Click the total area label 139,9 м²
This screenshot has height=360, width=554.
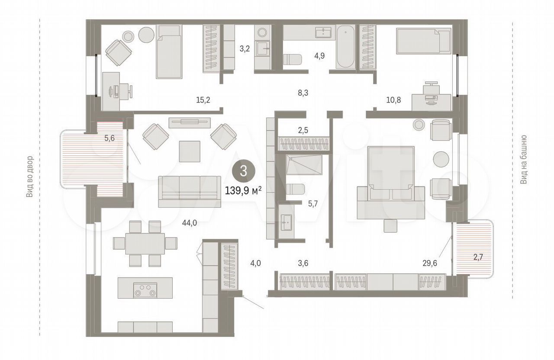(x=243, y=191)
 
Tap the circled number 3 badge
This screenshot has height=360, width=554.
(x=244, y=171)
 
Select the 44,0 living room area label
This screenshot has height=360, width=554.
(x=190, y=223)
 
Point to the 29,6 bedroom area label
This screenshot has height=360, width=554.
(x=430, y=264)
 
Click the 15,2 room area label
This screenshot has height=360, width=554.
(x=203, y=100)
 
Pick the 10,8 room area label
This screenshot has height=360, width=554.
(x=393, y=100)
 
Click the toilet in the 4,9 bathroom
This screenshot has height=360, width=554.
(x=292, y=60)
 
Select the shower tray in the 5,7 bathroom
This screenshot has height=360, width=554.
(x=304, y=165)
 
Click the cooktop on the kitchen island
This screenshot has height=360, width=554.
(x=145, y=290)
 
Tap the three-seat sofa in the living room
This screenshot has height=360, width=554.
(x=190, y=192)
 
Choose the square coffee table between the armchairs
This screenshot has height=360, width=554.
(x=190, y=151)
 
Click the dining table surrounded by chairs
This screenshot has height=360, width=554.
(x=145, y=244)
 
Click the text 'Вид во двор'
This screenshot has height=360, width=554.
(x=29, y=177)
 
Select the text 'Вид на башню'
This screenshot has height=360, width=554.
(x=524, y=160)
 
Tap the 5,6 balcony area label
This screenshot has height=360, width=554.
(x=110, y=138)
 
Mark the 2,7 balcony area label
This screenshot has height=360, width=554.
(x=478, y=257)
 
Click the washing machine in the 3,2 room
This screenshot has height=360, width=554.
(x=262, y=32)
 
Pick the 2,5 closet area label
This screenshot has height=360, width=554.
(x=303, y=130)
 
